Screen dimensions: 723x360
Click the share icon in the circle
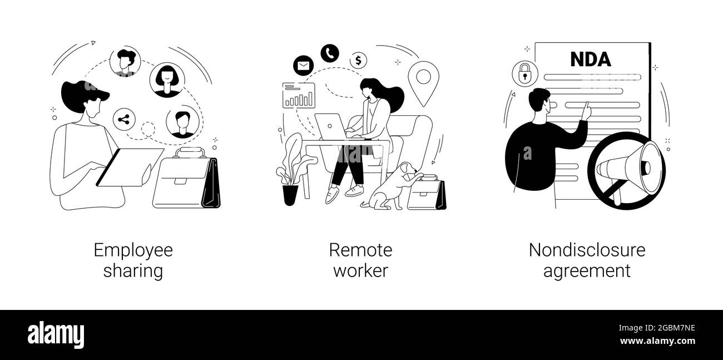pyautogui.click(x=124, y=120)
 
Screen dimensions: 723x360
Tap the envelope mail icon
pyautogui.click(x=303, y=66)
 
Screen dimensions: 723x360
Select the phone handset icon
pyautogui.click(x=330, y=53)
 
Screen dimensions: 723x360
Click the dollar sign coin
pyautogui.click(x=358, y=61)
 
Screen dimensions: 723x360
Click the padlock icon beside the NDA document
pyautogui.click(x=525, y=73)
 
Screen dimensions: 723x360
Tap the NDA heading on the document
pyautogui.click(x=590, y=60)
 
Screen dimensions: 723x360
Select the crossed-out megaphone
pyautogui.click(x=626, y=171)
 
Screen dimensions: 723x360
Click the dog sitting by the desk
pyautogui.click(x=391, y=187)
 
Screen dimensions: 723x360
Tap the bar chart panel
pyautogui.click(x=299, y=95)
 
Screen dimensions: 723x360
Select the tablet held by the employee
pyautogui.click(x=130, y=167)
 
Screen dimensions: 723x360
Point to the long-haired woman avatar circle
pyautogui.click(x=167, y=80)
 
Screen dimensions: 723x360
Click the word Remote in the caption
pyautogui.click(x=360, y=250)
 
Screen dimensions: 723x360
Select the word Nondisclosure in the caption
pyautogui.click(x=587, y=250)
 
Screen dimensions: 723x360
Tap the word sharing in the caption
pyautogui.click(x=133, y=271)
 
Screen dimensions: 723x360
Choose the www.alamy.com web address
pyautogui.click(x=657, y=341)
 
